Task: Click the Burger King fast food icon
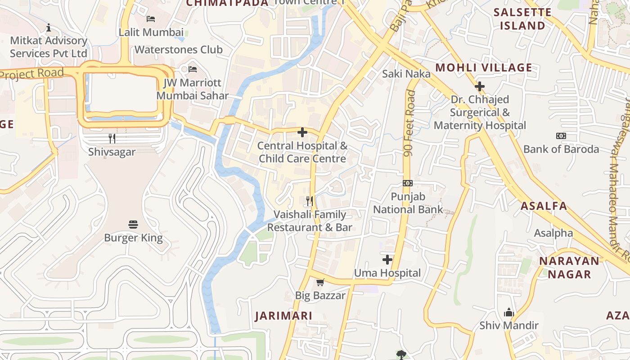pyautogui.click(x=133, y=224)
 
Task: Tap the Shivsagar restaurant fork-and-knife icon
pyautogui.click(x=112, y=138)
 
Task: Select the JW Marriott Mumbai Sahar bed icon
pyautogui.click(x=193, y=69)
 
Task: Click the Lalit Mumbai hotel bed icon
pyautogui.click(x=151, y=18)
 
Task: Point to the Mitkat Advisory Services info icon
pyautogui.click(x=49, y=27)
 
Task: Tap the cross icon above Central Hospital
pyautogui.click(x=302, y=132)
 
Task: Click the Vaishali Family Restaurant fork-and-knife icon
pyautogui.click(x=310, y=201)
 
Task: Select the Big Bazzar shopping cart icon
pyautogui.click(x=320, y=282)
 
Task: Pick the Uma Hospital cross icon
pyautogui.click(x=387, y=260)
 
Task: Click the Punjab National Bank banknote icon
pyautogui.click(x=408, y=183)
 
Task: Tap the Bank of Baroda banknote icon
pyautogui.click(x=561, y=135)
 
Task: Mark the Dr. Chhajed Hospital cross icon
pyautogui.click(x=480, y=86)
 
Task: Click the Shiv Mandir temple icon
pyautogui.click(x=509, y=312)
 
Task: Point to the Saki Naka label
pyautogui.click(x=406, y=74)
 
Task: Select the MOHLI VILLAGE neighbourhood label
pyautogui.click(x=484, y=68)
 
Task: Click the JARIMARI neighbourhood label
pyautogui.click(x=283, y=316)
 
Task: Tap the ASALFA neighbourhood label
pyautogui.click(x=544, y=206)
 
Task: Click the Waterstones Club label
pyautogui.click(x=179, y=49)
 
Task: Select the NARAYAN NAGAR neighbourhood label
pyautogui.click(x=569, y=267)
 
